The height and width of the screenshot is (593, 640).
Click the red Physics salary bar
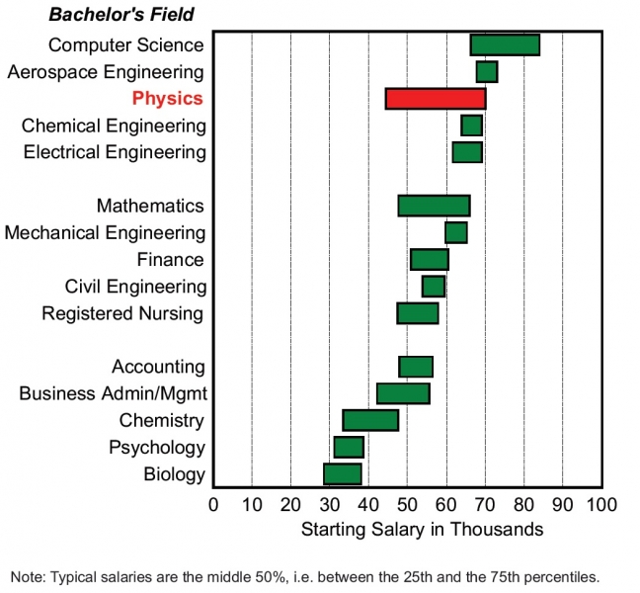pos(435,99)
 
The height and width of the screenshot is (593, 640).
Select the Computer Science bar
pos(504,44)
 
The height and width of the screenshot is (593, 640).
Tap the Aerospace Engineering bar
pos(486,71)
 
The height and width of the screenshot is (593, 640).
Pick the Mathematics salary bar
pos(434,206)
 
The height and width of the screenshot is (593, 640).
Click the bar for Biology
pos(343,474)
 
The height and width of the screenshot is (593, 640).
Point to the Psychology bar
pos(349,448)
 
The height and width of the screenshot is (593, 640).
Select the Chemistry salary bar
pos(370,420)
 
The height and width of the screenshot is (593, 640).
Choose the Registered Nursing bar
pos(417,313)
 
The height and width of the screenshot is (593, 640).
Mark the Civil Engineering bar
pos(433,287)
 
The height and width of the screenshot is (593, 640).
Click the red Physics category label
pos(167,99)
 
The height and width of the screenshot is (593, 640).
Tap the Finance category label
pos(170,260)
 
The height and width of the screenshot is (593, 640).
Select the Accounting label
pos(158,368)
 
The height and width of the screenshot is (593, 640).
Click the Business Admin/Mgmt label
pos(113,394)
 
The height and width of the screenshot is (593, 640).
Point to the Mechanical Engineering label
pos(106,233)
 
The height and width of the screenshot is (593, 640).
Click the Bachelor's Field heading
pos(121,15)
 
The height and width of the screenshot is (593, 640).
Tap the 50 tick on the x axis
pos(407,504)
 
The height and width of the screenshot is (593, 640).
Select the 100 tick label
pos(600,504)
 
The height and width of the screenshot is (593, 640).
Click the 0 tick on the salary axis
pos(213,504)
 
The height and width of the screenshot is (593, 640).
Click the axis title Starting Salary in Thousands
pos(422,529)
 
